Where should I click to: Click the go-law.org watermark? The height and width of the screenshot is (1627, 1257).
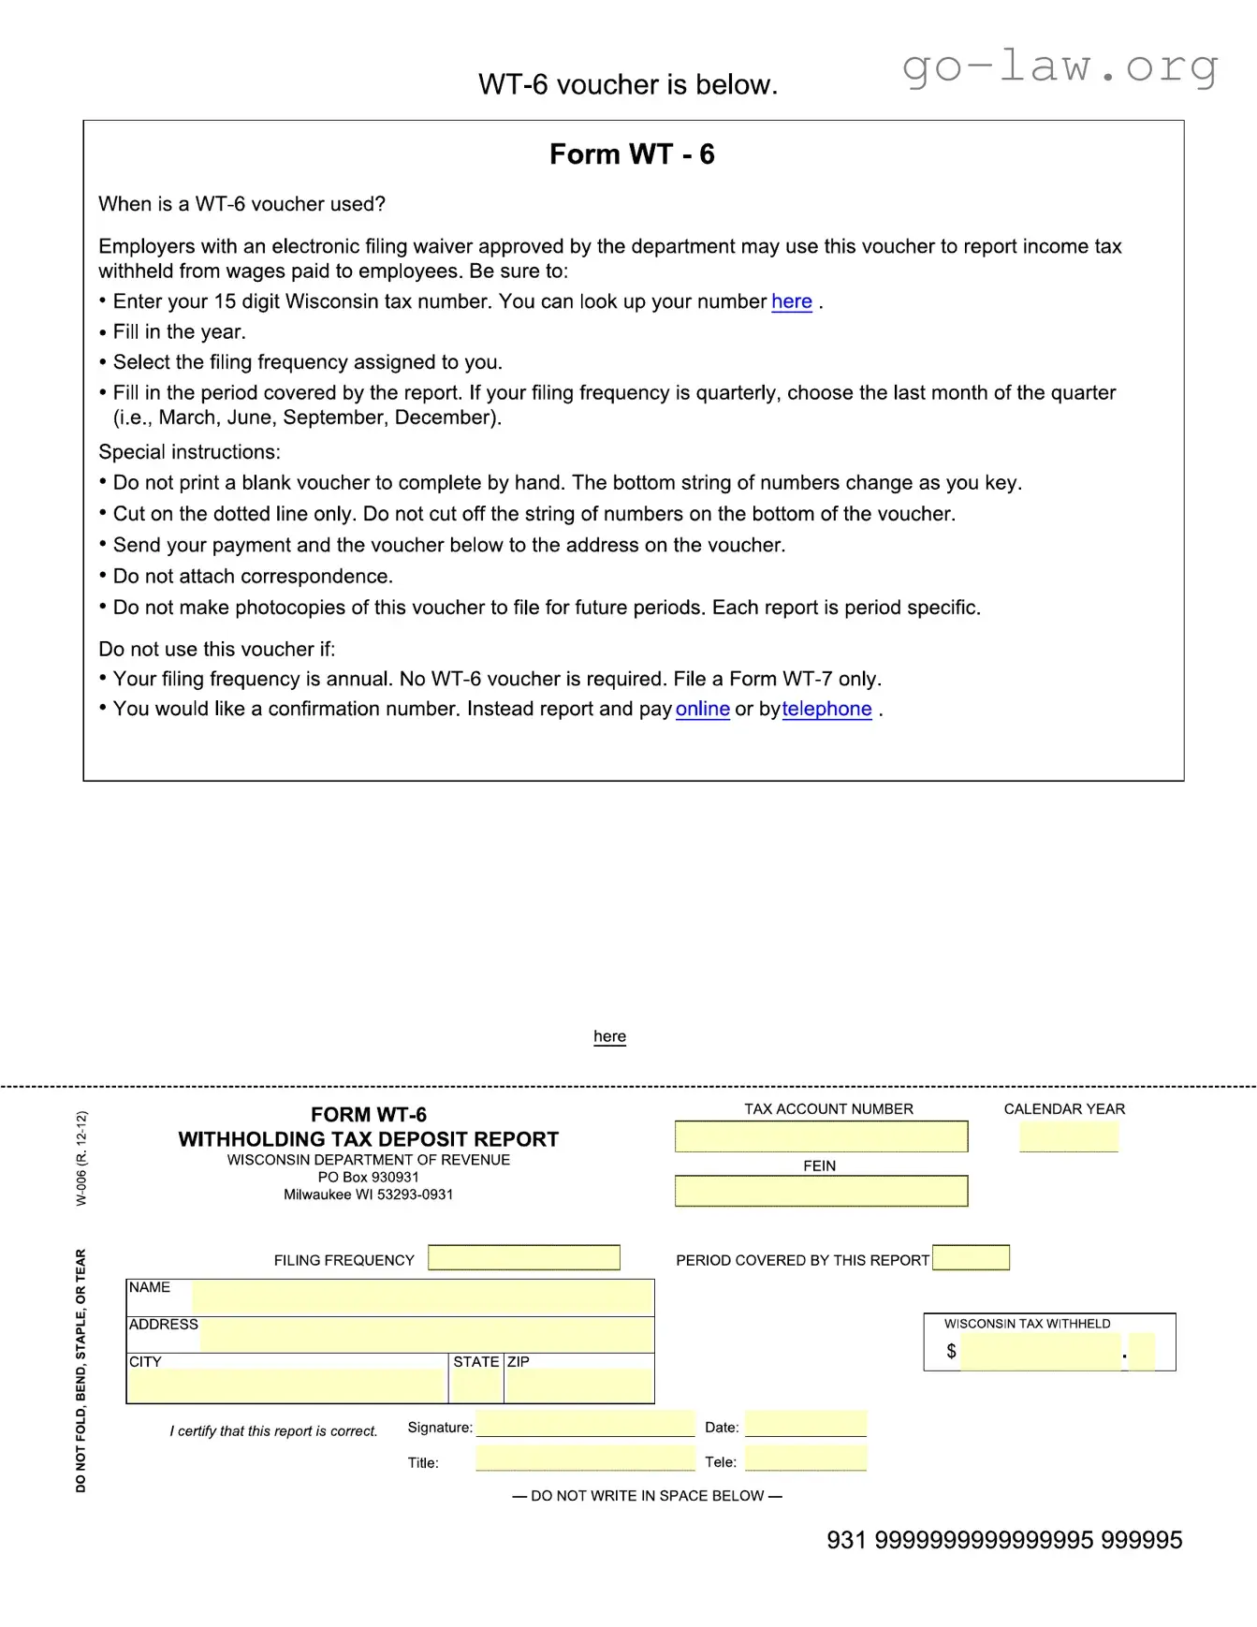(x=1060, y=67)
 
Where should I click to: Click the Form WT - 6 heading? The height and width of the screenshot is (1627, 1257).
(x=632, y=154)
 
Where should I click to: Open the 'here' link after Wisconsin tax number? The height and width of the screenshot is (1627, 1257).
(x=791, y=301)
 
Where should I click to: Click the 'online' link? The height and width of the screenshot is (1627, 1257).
(x=702, y=709)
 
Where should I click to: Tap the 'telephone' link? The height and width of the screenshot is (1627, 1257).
(x=826, y=709)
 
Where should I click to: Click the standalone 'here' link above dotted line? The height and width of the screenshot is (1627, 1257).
(x=609, y=1036)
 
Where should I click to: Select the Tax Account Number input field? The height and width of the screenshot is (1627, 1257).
(x=821, y=1136)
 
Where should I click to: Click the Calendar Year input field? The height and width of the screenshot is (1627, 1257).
(x=1068, y=1136)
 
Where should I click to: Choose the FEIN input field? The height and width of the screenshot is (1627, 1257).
(x=821, y=1191)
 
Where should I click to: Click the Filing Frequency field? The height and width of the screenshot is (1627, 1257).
(x=524, y=1257)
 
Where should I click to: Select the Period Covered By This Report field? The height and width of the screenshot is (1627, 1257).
(x=971, y=1257)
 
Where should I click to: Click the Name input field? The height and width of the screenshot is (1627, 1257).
(x=421, y=1297)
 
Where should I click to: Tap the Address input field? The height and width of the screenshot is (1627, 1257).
(x=426, y=1335)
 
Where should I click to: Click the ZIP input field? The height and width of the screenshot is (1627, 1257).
(x=579, y=1385)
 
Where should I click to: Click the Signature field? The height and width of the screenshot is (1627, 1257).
(x=585, y=1424)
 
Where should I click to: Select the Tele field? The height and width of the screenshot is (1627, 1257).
(x=805, y=1458)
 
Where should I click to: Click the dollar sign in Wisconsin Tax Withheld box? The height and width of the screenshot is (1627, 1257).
(x=951, y=1351)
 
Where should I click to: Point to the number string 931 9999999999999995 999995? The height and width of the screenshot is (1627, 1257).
(x=1003, y=1540)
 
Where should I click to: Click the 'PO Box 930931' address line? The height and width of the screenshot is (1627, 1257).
(x=368, y=1177)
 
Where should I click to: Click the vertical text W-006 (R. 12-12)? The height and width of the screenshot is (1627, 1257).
(x=81, y=1158)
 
